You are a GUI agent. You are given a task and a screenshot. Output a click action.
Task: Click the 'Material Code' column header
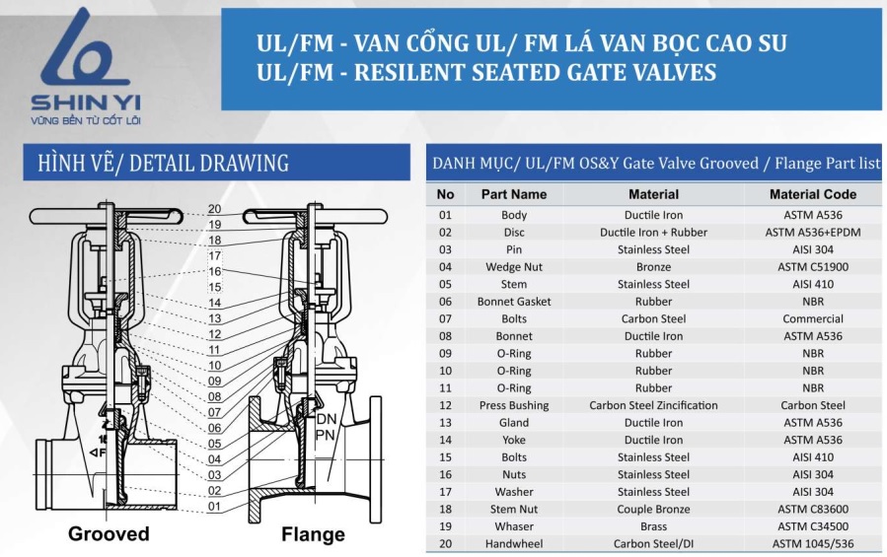point(813,194)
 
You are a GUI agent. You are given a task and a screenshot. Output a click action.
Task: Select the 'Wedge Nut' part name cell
point(514,267)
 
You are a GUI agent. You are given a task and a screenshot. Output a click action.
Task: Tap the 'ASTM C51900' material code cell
point(813,267)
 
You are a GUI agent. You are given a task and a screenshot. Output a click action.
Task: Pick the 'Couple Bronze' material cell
point(653,510)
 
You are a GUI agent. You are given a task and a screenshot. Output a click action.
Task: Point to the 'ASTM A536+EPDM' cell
point(813,233)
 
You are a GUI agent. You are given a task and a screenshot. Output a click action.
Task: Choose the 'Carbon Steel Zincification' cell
point(653,405)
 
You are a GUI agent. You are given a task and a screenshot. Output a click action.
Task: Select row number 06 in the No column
point(446,302)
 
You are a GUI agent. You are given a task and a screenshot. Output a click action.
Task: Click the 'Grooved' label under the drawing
point(109,534)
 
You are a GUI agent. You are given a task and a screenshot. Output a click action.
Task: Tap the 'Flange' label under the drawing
point(313,535)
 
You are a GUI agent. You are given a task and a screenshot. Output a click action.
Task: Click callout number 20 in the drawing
point(214,209)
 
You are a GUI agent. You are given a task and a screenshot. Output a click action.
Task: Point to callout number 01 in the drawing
point(214,507)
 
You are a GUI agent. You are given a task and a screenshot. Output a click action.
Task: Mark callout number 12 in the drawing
point(214,334)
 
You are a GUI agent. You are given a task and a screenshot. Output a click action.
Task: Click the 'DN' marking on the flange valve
point(327,420)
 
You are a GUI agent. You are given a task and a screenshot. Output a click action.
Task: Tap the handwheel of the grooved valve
point(105,214)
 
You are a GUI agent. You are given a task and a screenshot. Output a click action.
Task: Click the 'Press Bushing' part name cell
point(514,405)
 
